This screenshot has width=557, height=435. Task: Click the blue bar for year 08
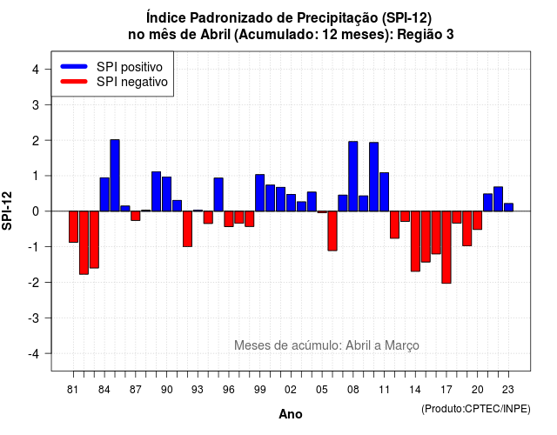[352, 176]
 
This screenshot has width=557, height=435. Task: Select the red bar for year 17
[446, 247]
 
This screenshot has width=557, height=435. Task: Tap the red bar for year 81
[73, 227]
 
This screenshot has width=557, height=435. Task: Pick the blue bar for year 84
[104, 194]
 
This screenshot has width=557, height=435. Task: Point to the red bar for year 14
[415, 241]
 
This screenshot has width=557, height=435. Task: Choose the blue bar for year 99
[259, 193]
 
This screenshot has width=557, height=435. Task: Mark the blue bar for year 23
[508, 207]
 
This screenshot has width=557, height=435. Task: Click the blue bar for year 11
[384, 191]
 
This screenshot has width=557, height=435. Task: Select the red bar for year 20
[478, 220]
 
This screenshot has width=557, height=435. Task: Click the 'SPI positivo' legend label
[130, 67]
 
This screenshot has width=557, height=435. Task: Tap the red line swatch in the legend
[74, 82]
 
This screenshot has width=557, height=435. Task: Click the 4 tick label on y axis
[36, 69]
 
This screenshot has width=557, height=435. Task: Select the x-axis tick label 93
[198, 390]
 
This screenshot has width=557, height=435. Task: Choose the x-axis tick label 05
[321, 390]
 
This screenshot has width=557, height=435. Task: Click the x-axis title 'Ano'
[291, 414]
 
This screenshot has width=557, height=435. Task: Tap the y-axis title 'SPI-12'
[7, 211]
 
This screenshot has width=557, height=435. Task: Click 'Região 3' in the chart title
[426, 35]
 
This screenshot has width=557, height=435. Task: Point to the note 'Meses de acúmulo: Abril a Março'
[326, 345]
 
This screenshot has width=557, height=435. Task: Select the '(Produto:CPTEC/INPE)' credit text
[476, 409]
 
